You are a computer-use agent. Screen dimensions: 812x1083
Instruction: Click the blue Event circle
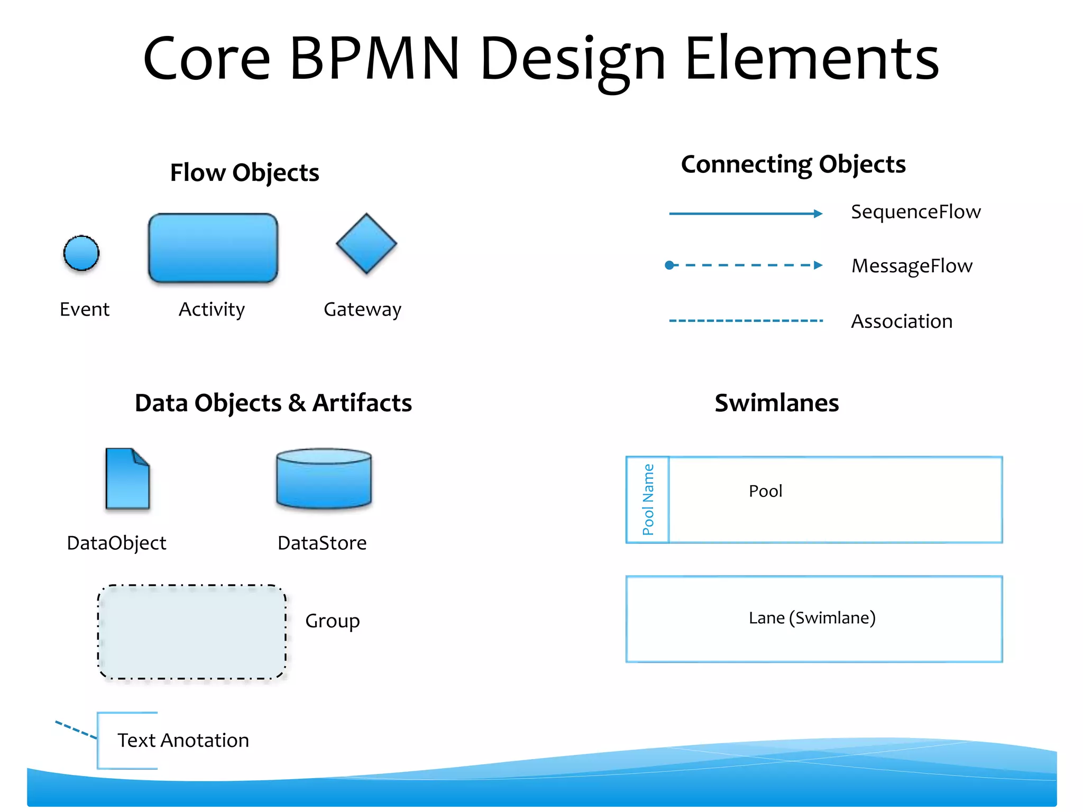point(81,253)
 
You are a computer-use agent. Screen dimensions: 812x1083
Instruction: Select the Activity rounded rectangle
point(213,248)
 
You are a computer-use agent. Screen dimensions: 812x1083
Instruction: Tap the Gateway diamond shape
point(366,244)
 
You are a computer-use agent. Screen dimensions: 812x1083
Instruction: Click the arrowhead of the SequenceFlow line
point(818,214)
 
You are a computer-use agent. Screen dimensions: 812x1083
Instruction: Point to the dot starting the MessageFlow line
point(669,265)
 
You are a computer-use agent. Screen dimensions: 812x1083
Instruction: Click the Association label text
point(902,321)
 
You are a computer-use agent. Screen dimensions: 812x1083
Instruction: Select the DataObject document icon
point(127,479)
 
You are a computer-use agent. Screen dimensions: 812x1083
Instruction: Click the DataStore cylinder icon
point(324,478)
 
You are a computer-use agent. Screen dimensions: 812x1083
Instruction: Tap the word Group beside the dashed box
point(332,621)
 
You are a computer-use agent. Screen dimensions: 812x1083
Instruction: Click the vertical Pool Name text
point(648,500)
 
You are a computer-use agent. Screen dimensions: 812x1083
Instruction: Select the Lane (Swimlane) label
point(812,617)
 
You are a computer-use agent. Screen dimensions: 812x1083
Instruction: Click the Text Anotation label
point(183,740)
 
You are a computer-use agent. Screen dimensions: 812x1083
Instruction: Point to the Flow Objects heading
point(244,173)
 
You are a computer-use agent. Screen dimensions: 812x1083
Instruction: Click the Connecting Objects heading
point(793,164)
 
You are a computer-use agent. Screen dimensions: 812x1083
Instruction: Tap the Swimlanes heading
point(776,403)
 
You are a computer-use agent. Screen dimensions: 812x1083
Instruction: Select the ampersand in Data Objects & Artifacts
point(297,403)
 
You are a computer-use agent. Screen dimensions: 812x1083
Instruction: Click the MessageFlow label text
point(912,266)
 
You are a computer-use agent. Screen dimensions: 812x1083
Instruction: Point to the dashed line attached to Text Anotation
point(76,730)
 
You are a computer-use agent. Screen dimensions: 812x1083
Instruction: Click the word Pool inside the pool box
point(765,491)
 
